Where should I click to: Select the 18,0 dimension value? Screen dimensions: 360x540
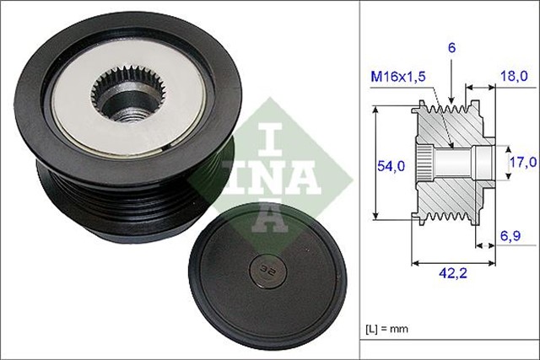coord(514,76)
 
